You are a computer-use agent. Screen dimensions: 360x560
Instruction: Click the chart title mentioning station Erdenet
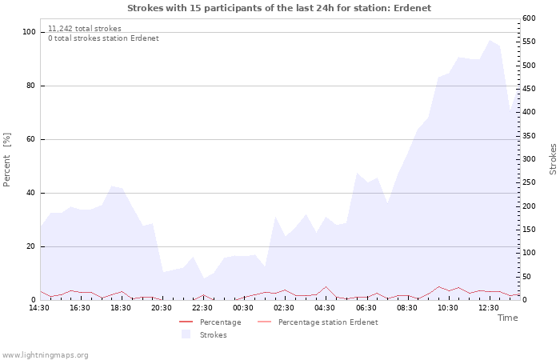tap(279, 8)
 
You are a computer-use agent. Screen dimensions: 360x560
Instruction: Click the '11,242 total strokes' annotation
tap(85, 28)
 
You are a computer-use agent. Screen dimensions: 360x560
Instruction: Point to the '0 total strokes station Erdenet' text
tap(103, 38)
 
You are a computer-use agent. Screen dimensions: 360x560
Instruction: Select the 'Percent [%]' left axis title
tap(7, 160)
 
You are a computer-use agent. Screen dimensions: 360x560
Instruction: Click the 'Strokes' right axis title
tap(553, 159)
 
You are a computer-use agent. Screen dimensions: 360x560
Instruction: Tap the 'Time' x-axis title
tap(507, 318)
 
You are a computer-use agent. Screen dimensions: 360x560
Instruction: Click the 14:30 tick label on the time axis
tap(40, 307)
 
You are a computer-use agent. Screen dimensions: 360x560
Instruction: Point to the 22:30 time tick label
tap(203, 307)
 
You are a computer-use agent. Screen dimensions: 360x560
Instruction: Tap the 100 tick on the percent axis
tap(30, 32)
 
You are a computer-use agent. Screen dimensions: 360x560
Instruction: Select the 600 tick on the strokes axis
tap(529, 18)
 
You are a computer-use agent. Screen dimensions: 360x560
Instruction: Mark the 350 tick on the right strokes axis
tap(529, 136)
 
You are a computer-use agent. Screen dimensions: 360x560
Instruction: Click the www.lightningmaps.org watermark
tap(45, 355)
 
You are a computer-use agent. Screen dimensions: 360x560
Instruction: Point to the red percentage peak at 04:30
tap(326, 286)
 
